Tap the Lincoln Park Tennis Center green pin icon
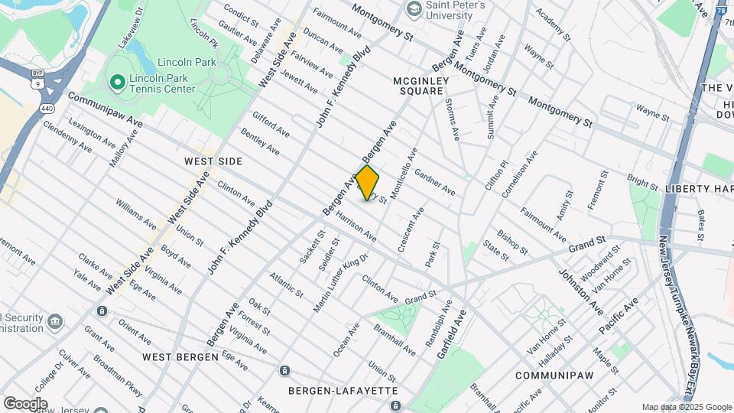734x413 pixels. tap(117, 81)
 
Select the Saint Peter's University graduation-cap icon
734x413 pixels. tap(414, 9)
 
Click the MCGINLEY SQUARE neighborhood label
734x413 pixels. tap(418, 86)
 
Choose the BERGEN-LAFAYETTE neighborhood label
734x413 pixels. tap(343, 390)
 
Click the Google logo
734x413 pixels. tap(25, 403)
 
